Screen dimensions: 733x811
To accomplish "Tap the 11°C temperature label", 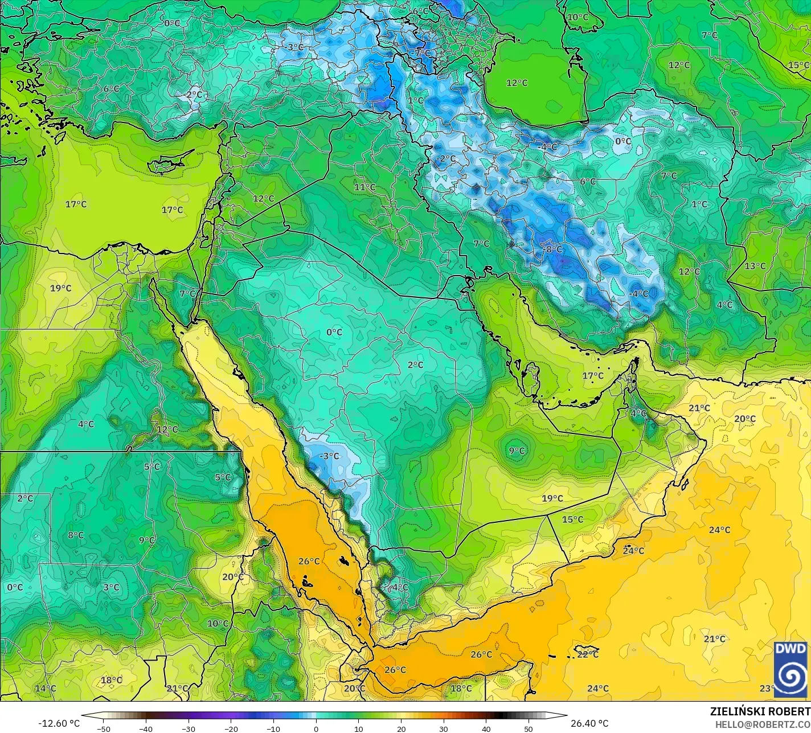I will (x=364, y=187).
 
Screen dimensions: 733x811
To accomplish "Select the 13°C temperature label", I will (x=755, y=266).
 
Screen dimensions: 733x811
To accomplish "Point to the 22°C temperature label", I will (x=588, y=654).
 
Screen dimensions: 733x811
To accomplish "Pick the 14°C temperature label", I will (x=46, y=689).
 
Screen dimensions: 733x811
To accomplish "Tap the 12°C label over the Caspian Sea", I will (x=517, y=83).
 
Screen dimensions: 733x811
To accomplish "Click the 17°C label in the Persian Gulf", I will (x=592, y=376).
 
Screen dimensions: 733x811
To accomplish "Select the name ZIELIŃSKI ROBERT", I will (x=760, y=712).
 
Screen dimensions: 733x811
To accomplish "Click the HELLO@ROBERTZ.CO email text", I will (x=763, y=724).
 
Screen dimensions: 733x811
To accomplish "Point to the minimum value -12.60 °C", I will (x=59, y=723).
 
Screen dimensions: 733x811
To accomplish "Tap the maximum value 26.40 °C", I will (x=589, y=723).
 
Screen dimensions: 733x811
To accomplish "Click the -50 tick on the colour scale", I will (x=103, y=728).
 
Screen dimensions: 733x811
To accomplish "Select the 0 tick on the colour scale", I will (x=316, y=728).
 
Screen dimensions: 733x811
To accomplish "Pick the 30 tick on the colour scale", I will (x=443, y=728).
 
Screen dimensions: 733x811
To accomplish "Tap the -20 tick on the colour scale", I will (x=231, y=728).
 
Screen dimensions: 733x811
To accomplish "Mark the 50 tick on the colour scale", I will (x=529, y=728).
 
